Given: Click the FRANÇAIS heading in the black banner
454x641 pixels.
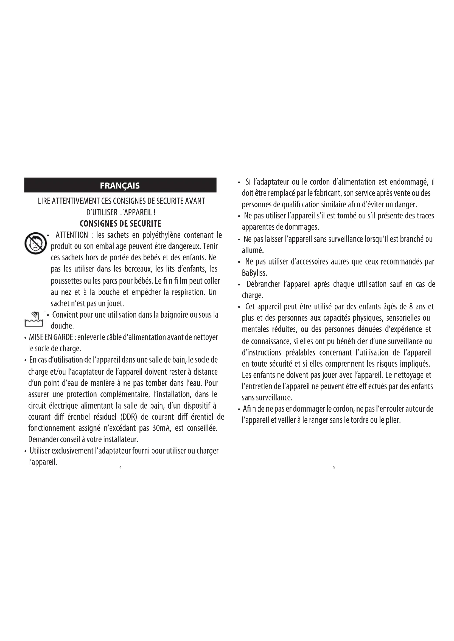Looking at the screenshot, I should pyautogui.click(x=120, y=186).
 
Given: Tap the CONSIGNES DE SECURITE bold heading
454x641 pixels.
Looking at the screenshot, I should pyautogui.click(x=120, y=224).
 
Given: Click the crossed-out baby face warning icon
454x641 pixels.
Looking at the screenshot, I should pyautogui.click(x=35, y=243).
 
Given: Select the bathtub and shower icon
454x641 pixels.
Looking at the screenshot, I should pyautogui.click(x=33, y=319).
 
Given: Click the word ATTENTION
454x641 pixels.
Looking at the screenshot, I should pyautogui.click(x=72, y=235).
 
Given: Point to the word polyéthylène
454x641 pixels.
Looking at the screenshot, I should pyautogui.click(x=159, y=235).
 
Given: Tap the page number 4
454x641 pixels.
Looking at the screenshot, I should pyautogui.click(x=120, y=468).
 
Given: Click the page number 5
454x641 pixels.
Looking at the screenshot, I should pyautogui.click(x=334, y=468).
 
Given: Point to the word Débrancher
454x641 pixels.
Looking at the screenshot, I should pyautogui.click(x=263, y=284).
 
